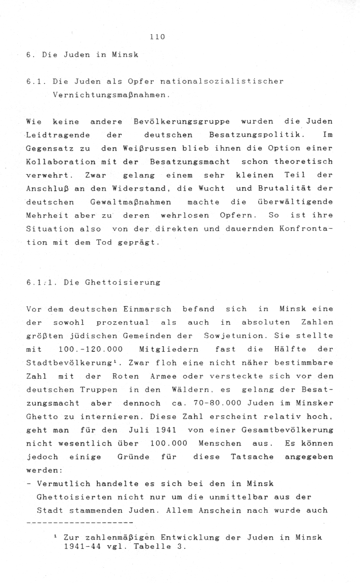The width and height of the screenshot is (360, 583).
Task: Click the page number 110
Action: tap(158, 36)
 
